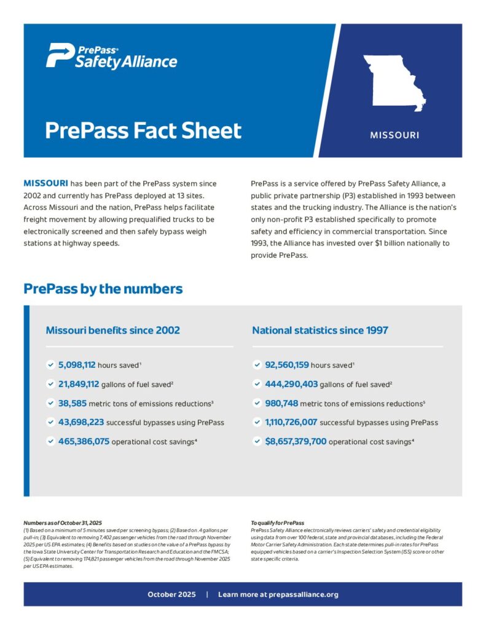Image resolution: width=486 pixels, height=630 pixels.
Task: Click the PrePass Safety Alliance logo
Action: pyautogui.click(x=111, y=57)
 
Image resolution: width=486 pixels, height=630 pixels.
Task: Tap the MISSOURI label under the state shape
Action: pyautogui.click(x=394, y=134)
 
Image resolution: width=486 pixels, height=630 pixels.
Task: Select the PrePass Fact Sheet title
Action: pyautogui.click(x=143, y=130)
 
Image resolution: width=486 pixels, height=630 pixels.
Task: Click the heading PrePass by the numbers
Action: pyautogui.click(x=103, y=289)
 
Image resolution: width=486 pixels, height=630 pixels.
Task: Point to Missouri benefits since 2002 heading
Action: pyautogui.click(x=113, y=330)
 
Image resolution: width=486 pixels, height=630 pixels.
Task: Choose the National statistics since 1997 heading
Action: pyautogui.click(x=320, y=330)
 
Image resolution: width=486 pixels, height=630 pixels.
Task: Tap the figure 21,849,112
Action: pyautogui.click(x=79, y=384)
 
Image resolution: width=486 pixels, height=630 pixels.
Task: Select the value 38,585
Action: pyautogui.click(x=74, y=403)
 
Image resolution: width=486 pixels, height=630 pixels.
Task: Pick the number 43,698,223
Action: pyautogui.click(x=81, y=422)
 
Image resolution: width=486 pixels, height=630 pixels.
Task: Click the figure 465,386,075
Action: pyautogui.click(x=84, y=441)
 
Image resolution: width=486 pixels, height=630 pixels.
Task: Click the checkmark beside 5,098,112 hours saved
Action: pyautogui.click(x=50, y=365)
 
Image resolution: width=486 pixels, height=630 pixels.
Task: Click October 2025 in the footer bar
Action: pyautogui.click(x=171, y=594)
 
